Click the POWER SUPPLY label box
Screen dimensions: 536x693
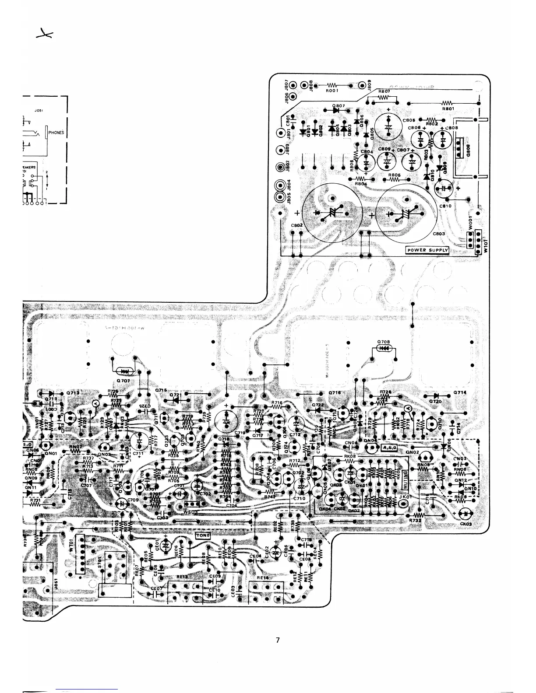point(428,250)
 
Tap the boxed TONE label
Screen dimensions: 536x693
point(203,535)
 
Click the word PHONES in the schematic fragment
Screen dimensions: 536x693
point(56,133)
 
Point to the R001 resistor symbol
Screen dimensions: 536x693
point(332,86)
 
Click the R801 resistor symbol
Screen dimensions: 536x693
point(448,103)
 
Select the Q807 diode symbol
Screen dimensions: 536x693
point(336,110)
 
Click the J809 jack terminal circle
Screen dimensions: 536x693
point(362,86)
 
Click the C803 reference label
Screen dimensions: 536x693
point(439,234)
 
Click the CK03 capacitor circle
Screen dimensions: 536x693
point(467,513)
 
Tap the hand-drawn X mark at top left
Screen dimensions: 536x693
point(44,35)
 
